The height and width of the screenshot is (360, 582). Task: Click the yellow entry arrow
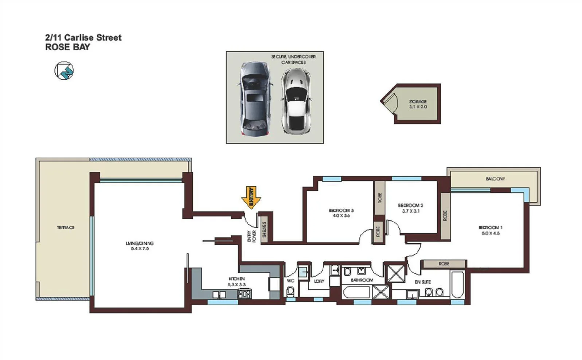click(251, 197)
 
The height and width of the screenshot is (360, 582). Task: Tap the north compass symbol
click(64, 71)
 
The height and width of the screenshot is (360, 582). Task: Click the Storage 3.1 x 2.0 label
click(418, 104)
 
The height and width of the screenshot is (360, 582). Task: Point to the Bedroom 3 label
click(341, 213)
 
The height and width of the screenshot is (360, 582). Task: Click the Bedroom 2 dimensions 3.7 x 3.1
click(411, 211)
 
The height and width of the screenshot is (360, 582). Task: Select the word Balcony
click(495, 179)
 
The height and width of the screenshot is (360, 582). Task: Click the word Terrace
click(66, 227)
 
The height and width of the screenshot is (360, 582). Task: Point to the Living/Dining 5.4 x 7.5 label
click(140, 246)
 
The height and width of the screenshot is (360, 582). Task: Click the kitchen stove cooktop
click(245, 293)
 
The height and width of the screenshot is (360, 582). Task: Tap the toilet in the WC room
click(290, 291)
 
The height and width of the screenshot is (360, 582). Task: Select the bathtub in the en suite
click(457, 285)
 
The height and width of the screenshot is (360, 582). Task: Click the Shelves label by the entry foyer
click(265, 230)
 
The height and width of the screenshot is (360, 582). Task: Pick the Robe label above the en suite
click(444, 263)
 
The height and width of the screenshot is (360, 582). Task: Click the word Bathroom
click(362, 280)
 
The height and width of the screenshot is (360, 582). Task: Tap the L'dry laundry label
click(319, 281)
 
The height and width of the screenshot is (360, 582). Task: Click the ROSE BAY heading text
click(67, 47)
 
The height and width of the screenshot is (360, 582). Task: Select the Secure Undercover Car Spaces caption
click(293, 59)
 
